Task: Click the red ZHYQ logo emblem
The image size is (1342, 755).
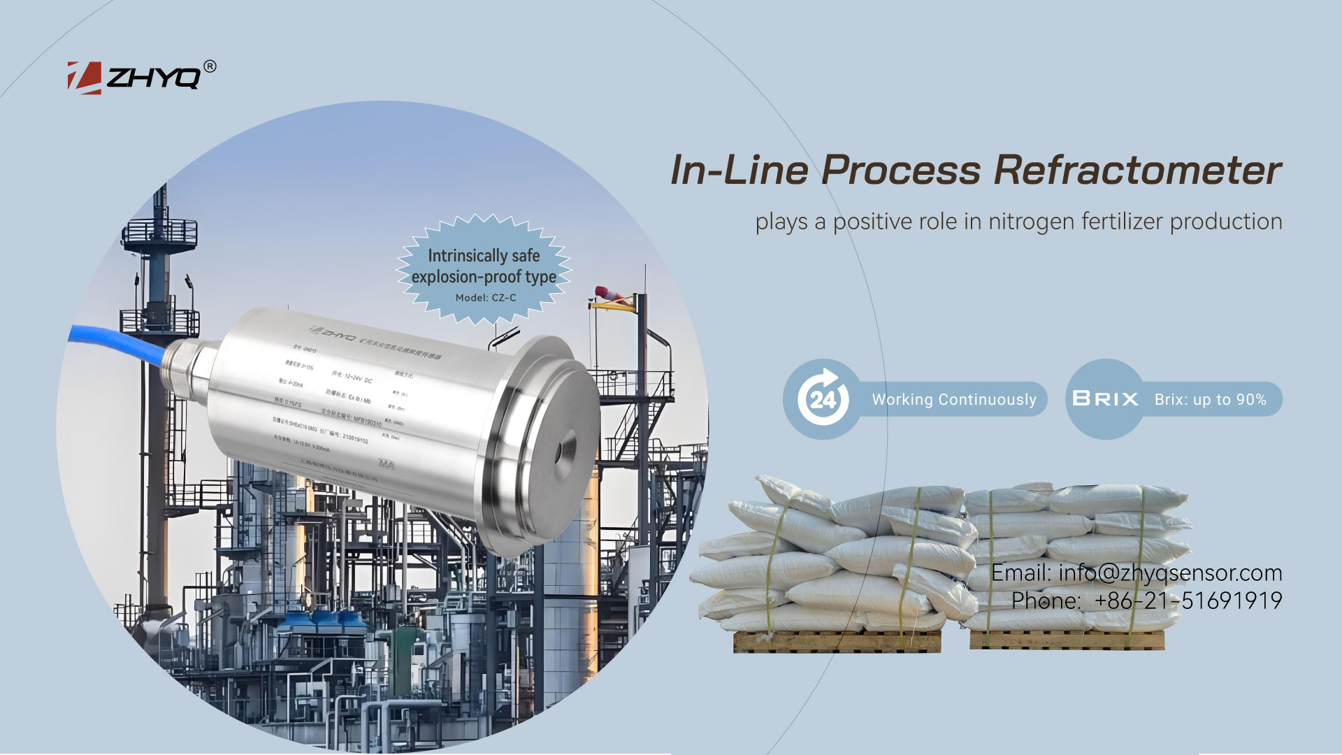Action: [84, 78]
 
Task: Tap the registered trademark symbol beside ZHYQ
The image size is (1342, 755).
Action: [210, 66]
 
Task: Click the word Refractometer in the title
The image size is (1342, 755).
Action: [1137, 171]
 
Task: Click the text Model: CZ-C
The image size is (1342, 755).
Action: [486, 298]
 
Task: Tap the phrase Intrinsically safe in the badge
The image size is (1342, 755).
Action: [484, 256]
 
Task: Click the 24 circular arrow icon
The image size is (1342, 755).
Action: [823, 398]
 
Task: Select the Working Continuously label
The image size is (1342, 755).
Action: [954, 399]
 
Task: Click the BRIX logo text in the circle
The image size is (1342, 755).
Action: [1105, 399]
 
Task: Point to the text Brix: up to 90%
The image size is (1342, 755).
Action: [1210, 399]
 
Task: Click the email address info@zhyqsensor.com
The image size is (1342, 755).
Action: [1170, 573]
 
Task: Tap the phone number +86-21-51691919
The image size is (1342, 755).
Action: [1188, 601]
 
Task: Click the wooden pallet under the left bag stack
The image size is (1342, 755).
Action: [837, 641]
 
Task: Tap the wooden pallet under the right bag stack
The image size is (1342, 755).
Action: [1067, 640]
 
